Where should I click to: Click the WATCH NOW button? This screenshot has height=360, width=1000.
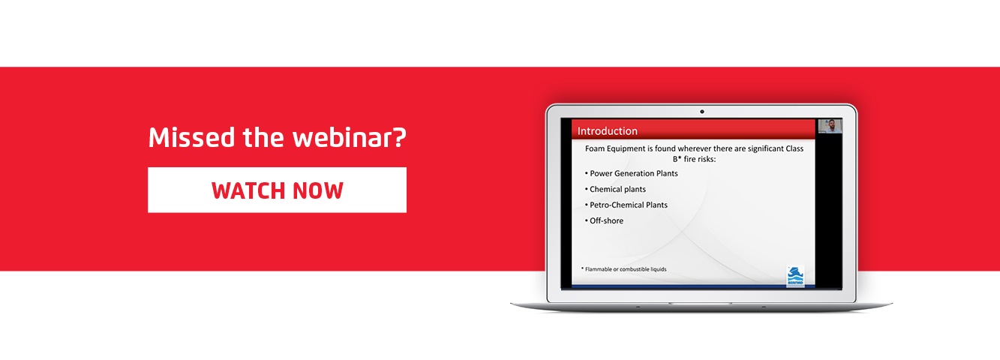click(277, 190)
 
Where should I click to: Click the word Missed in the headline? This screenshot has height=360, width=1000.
click(192, 137)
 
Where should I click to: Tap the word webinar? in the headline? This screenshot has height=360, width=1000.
click(349, 137)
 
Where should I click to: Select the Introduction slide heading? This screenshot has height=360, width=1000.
click(607, 131)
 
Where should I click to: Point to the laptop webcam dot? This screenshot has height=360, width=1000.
click(701, 112)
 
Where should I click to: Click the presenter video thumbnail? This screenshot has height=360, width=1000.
click(830, 126)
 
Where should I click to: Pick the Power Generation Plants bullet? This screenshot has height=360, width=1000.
click(631, 173)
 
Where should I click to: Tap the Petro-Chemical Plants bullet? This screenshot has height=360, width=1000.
click(626, 205)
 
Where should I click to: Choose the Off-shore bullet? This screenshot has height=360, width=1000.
click(604, 220)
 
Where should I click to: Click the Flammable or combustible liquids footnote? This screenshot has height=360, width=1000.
click(623, 269)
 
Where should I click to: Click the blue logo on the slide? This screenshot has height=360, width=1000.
click(795, 276)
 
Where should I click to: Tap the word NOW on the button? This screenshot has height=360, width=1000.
click(318, 190)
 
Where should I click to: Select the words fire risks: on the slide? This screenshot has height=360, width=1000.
click(700, 159)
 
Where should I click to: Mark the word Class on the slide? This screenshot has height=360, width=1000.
click(794, 148)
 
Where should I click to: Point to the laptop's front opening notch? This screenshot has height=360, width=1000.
click(701, 304)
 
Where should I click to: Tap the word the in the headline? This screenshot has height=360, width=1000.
click(263, 137)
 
